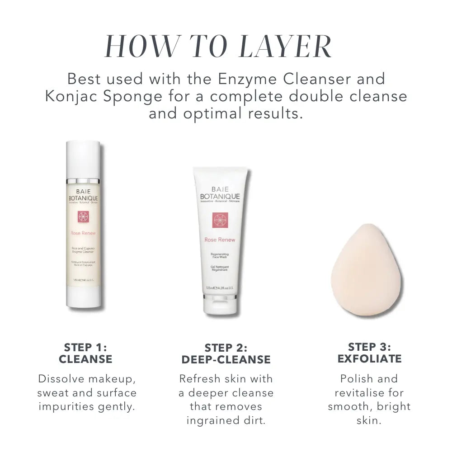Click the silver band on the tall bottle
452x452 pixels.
click(x=83, y=181)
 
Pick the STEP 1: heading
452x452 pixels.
click(x=85, y=347)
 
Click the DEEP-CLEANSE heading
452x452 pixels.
click(x=226, y=360)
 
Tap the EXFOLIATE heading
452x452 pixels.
click(x=369, y=359)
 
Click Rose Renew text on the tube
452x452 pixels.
click(x=220, y=240)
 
